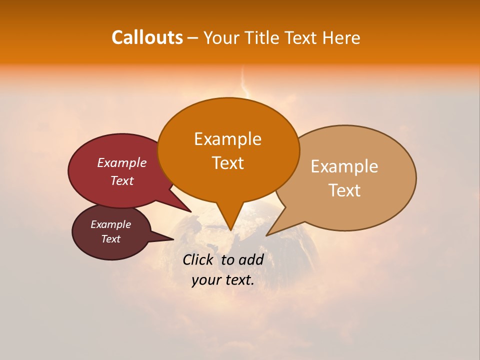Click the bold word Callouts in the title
[x=147, y=37]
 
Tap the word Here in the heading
[x=341, y=38]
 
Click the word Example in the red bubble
[x=122, y=162]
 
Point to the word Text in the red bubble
[x=122, y=180]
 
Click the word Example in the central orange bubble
[x=227, y=139]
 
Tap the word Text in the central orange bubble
[x=227, y=163]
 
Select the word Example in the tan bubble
[x=344, y=166]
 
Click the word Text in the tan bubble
[x=344, y=190]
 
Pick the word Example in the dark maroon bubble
[x=110, y=224]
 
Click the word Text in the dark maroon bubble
[x=110, y=239]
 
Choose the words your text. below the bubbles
[x=223, y=280]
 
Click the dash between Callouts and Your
[x=193, y=38]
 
